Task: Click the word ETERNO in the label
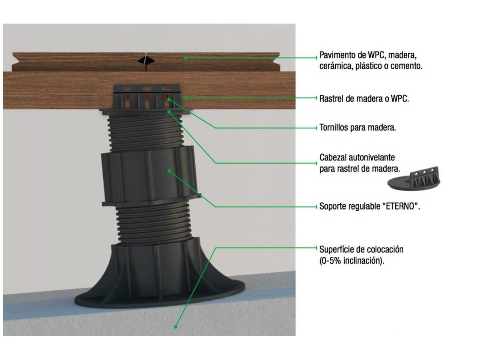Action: pyautogui.click(x=400, y=206)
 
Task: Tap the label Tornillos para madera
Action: pyautogui.click(x=358, y=128)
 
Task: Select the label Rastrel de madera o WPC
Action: pyautogui.click(x=364, y=98)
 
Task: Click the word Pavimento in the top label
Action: pyautogui.click(x=338, y=55)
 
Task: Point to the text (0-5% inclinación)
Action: pyautogui.click(x=352, y=260)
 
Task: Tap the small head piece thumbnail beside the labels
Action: pyautogui.click(x=414, y=178)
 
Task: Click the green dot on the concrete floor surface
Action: pyautogui.click(x=175, y=327)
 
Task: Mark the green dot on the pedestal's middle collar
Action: pyautogui.click(x=169, y=171)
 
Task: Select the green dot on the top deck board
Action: pyautogui.click(x=186, y=58)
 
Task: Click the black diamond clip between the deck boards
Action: pyautogui.click(x=146, y=60)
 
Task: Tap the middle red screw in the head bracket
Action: pyautogui.click(x=147, y=96)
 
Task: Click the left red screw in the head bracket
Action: pyautogui.click(x=128, y=96)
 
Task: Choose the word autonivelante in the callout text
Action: pyautogui.click(x=372, y=157)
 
